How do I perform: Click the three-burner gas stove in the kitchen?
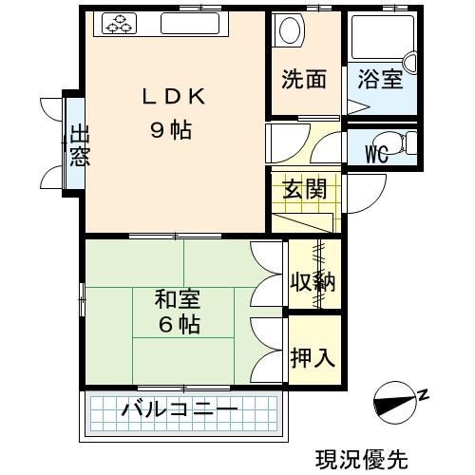120,23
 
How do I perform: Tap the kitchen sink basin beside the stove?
190,23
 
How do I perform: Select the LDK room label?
174,97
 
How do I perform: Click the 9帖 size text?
171,130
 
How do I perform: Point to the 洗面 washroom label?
304,79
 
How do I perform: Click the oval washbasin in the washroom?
290,30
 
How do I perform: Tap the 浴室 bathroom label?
380,79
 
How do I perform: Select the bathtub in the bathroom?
383,37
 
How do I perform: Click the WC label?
377,154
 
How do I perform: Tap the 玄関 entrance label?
304,189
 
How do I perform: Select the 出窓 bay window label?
80,145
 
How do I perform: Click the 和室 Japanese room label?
178,299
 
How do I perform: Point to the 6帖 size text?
180,324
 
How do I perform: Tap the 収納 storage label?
313,281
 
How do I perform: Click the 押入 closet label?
313,358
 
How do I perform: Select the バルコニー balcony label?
180,408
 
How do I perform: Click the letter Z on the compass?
424,394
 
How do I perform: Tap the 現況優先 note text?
362,460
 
